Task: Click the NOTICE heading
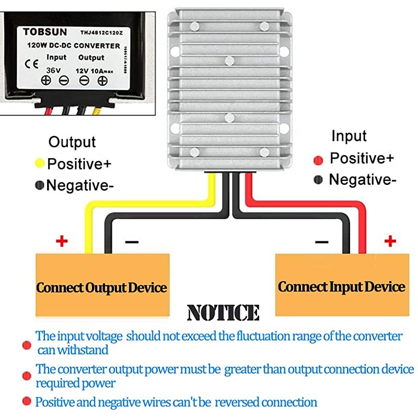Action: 223,312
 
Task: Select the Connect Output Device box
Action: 101,287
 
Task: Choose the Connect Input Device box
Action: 341,286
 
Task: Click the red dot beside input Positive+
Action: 318,159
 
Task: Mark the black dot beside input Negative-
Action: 318,180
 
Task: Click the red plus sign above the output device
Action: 62,241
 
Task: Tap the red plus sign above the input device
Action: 389,241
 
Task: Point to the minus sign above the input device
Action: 322,242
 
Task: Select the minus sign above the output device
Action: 132,242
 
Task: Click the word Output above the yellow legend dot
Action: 72,142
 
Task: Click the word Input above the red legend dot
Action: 349,136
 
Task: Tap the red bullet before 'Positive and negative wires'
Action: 26,401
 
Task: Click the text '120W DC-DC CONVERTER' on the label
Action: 74,45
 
